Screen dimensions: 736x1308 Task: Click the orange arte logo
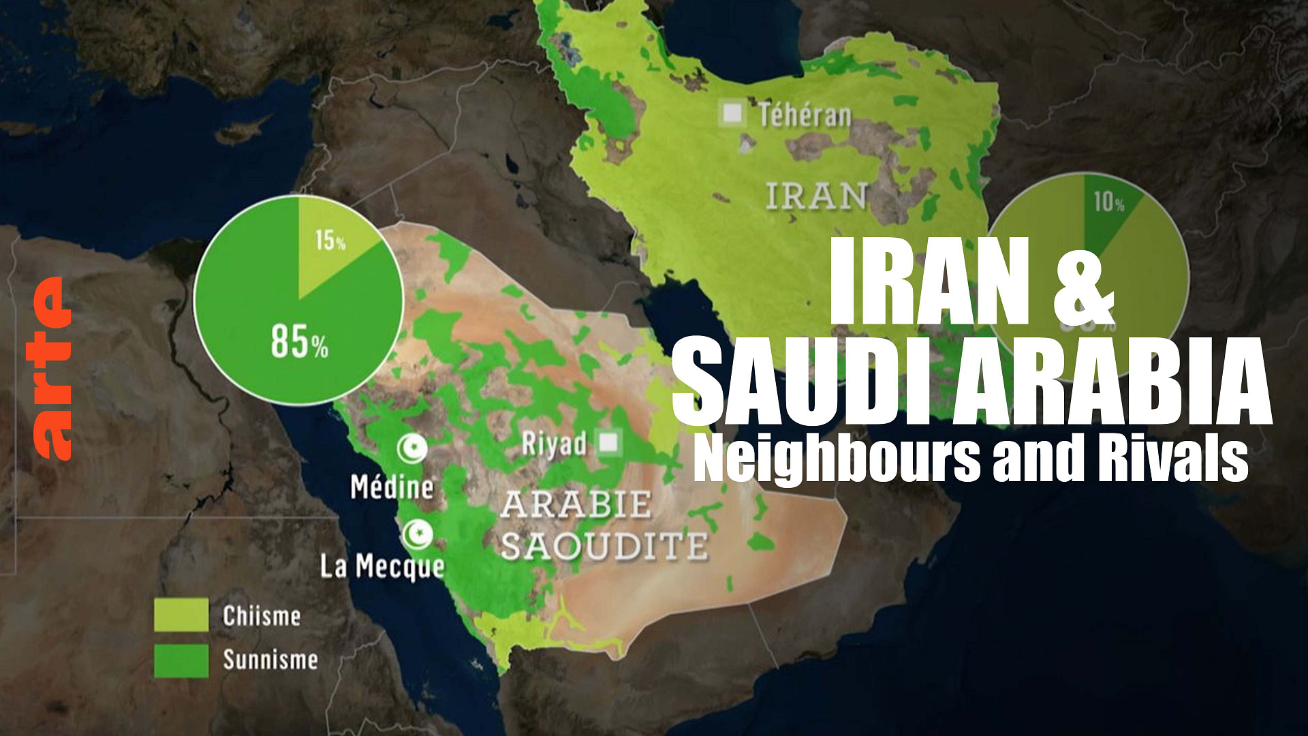click(52, 369)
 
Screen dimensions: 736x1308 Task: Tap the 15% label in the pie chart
click(330, 240)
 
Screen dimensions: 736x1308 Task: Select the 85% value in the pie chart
click(299, 341)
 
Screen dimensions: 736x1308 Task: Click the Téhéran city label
click(805, 115)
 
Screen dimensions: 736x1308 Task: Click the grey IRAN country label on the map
click(816, 196)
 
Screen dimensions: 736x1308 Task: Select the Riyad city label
click(554, 444)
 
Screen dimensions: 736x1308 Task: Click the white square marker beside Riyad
click(608, 443)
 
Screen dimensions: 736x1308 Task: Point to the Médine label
click(392, 487)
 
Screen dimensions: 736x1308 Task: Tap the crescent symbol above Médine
click(413, 448)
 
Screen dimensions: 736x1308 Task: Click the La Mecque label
click(382, 566)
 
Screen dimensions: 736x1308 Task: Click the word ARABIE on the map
click(576, 505)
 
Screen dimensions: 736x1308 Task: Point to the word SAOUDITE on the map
click(604, 546)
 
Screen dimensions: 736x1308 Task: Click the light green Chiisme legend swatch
click(181, 615)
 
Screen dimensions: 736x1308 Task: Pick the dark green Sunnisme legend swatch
click(181, 660)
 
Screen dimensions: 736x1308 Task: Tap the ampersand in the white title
click(1083, 281)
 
